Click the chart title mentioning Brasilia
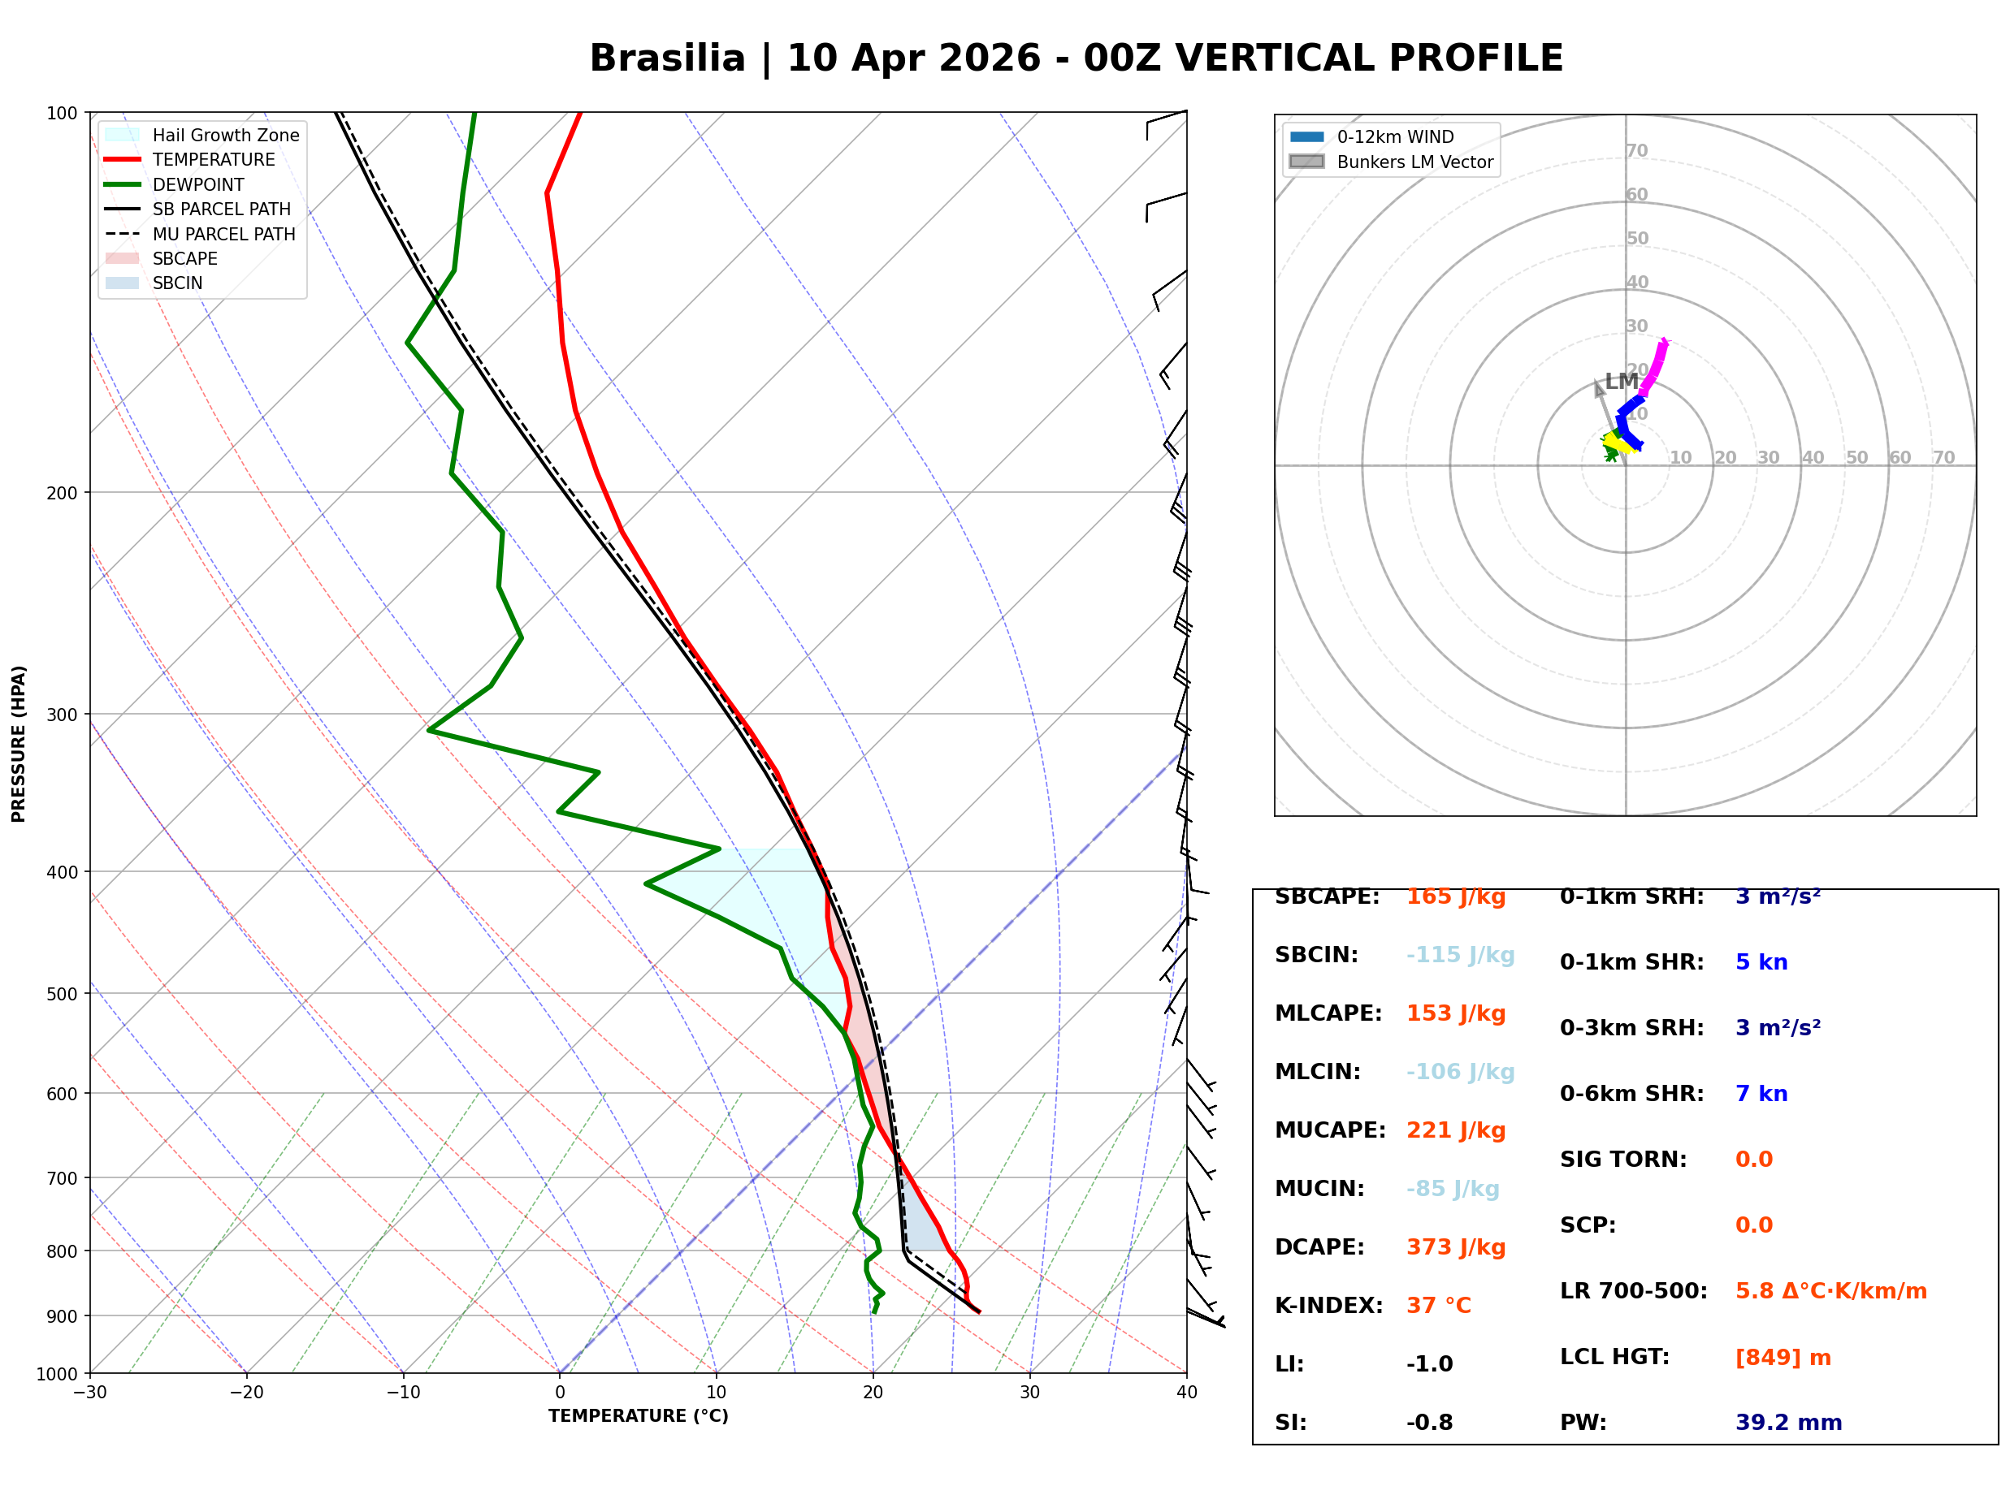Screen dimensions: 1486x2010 click(x=1076, y=58)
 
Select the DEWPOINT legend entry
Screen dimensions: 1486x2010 click(x=198, y=184)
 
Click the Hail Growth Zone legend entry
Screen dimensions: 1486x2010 click(x=225, y=135)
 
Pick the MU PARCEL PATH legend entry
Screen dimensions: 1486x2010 click(x=223, y=234)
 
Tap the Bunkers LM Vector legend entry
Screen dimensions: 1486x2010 click(x=1414, y=162)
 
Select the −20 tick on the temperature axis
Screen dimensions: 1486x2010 click(x=245, y=1393)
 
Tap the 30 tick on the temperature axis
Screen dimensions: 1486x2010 click(x=1029, y=1393)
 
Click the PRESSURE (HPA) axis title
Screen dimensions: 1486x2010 click(x=19, y=744)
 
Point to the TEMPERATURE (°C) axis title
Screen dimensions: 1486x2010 click(x=638, y=1416)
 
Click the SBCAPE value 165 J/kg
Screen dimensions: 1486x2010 click(x=1456, y=896)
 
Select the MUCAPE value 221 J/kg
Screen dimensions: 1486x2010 click(x=1456, y=1130)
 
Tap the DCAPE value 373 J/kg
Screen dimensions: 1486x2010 click(x=1456, y=1246)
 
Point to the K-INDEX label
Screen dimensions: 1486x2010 click(x=1328, y=1305)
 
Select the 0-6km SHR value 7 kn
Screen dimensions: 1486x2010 click(x=1761, y=1094)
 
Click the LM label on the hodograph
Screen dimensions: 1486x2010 click(x=1622, y=382)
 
